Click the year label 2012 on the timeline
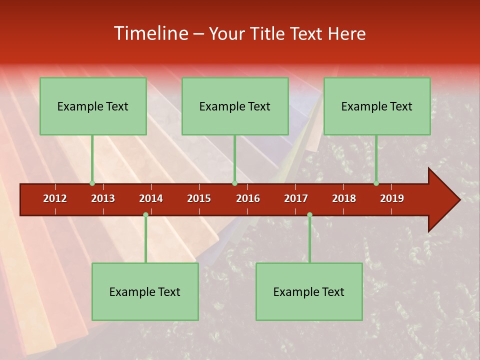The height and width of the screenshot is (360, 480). pyautogui.click(x=55, y=198)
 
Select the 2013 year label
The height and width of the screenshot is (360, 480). pyautogui.click(x=103, y=198)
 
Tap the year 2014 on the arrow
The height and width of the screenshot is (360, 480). pyautogui.click(x=151, y=198)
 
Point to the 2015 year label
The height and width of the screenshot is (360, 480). pyautogui.click(x=199, y=198)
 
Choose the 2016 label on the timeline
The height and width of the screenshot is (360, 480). pyautogui.click(x=248, y=198)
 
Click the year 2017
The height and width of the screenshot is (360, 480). pyautogui.click(x=296, y=198)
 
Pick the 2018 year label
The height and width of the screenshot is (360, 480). pyautogui.click(x=344, y=198)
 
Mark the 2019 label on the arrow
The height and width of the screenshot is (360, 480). pyautogui.click(x=392, y=198)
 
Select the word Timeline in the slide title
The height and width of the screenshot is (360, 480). pyautogui.click(x=150, y=33)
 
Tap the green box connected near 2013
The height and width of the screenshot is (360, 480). pyautogui.click(x=93, y=106)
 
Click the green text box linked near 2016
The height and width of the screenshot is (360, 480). pyautogui.click(x=235, y=106)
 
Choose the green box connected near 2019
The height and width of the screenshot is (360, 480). pyautogui.click(x=377, y=106)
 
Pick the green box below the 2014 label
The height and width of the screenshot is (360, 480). pyautogui.click(x=145, y=291)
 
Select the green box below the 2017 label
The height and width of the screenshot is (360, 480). pyautogui.click(x=309, y=291)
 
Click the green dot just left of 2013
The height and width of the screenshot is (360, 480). pyautogui.click(x=92, y=183)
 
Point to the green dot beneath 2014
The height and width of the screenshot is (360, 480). pyautogui.click(x=145, y=215)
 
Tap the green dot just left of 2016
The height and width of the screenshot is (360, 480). pyautogui.click(x=234, y=183)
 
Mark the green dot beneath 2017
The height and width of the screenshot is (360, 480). pyautogui.click(x=309, y=215)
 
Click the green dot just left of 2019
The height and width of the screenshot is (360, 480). pyautogui.click(x=376, y=183)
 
